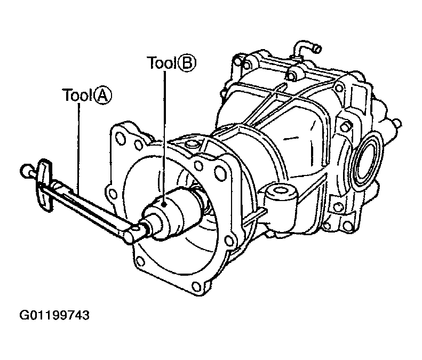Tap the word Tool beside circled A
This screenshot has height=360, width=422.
[77, 96]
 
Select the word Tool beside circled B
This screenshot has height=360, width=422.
[162, 63]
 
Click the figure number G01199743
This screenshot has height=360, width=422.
[54, 315]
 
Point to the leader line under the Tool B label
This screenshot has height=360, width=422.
[165, 133]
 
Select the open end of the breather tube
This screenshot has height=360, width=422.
[316, 50]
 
